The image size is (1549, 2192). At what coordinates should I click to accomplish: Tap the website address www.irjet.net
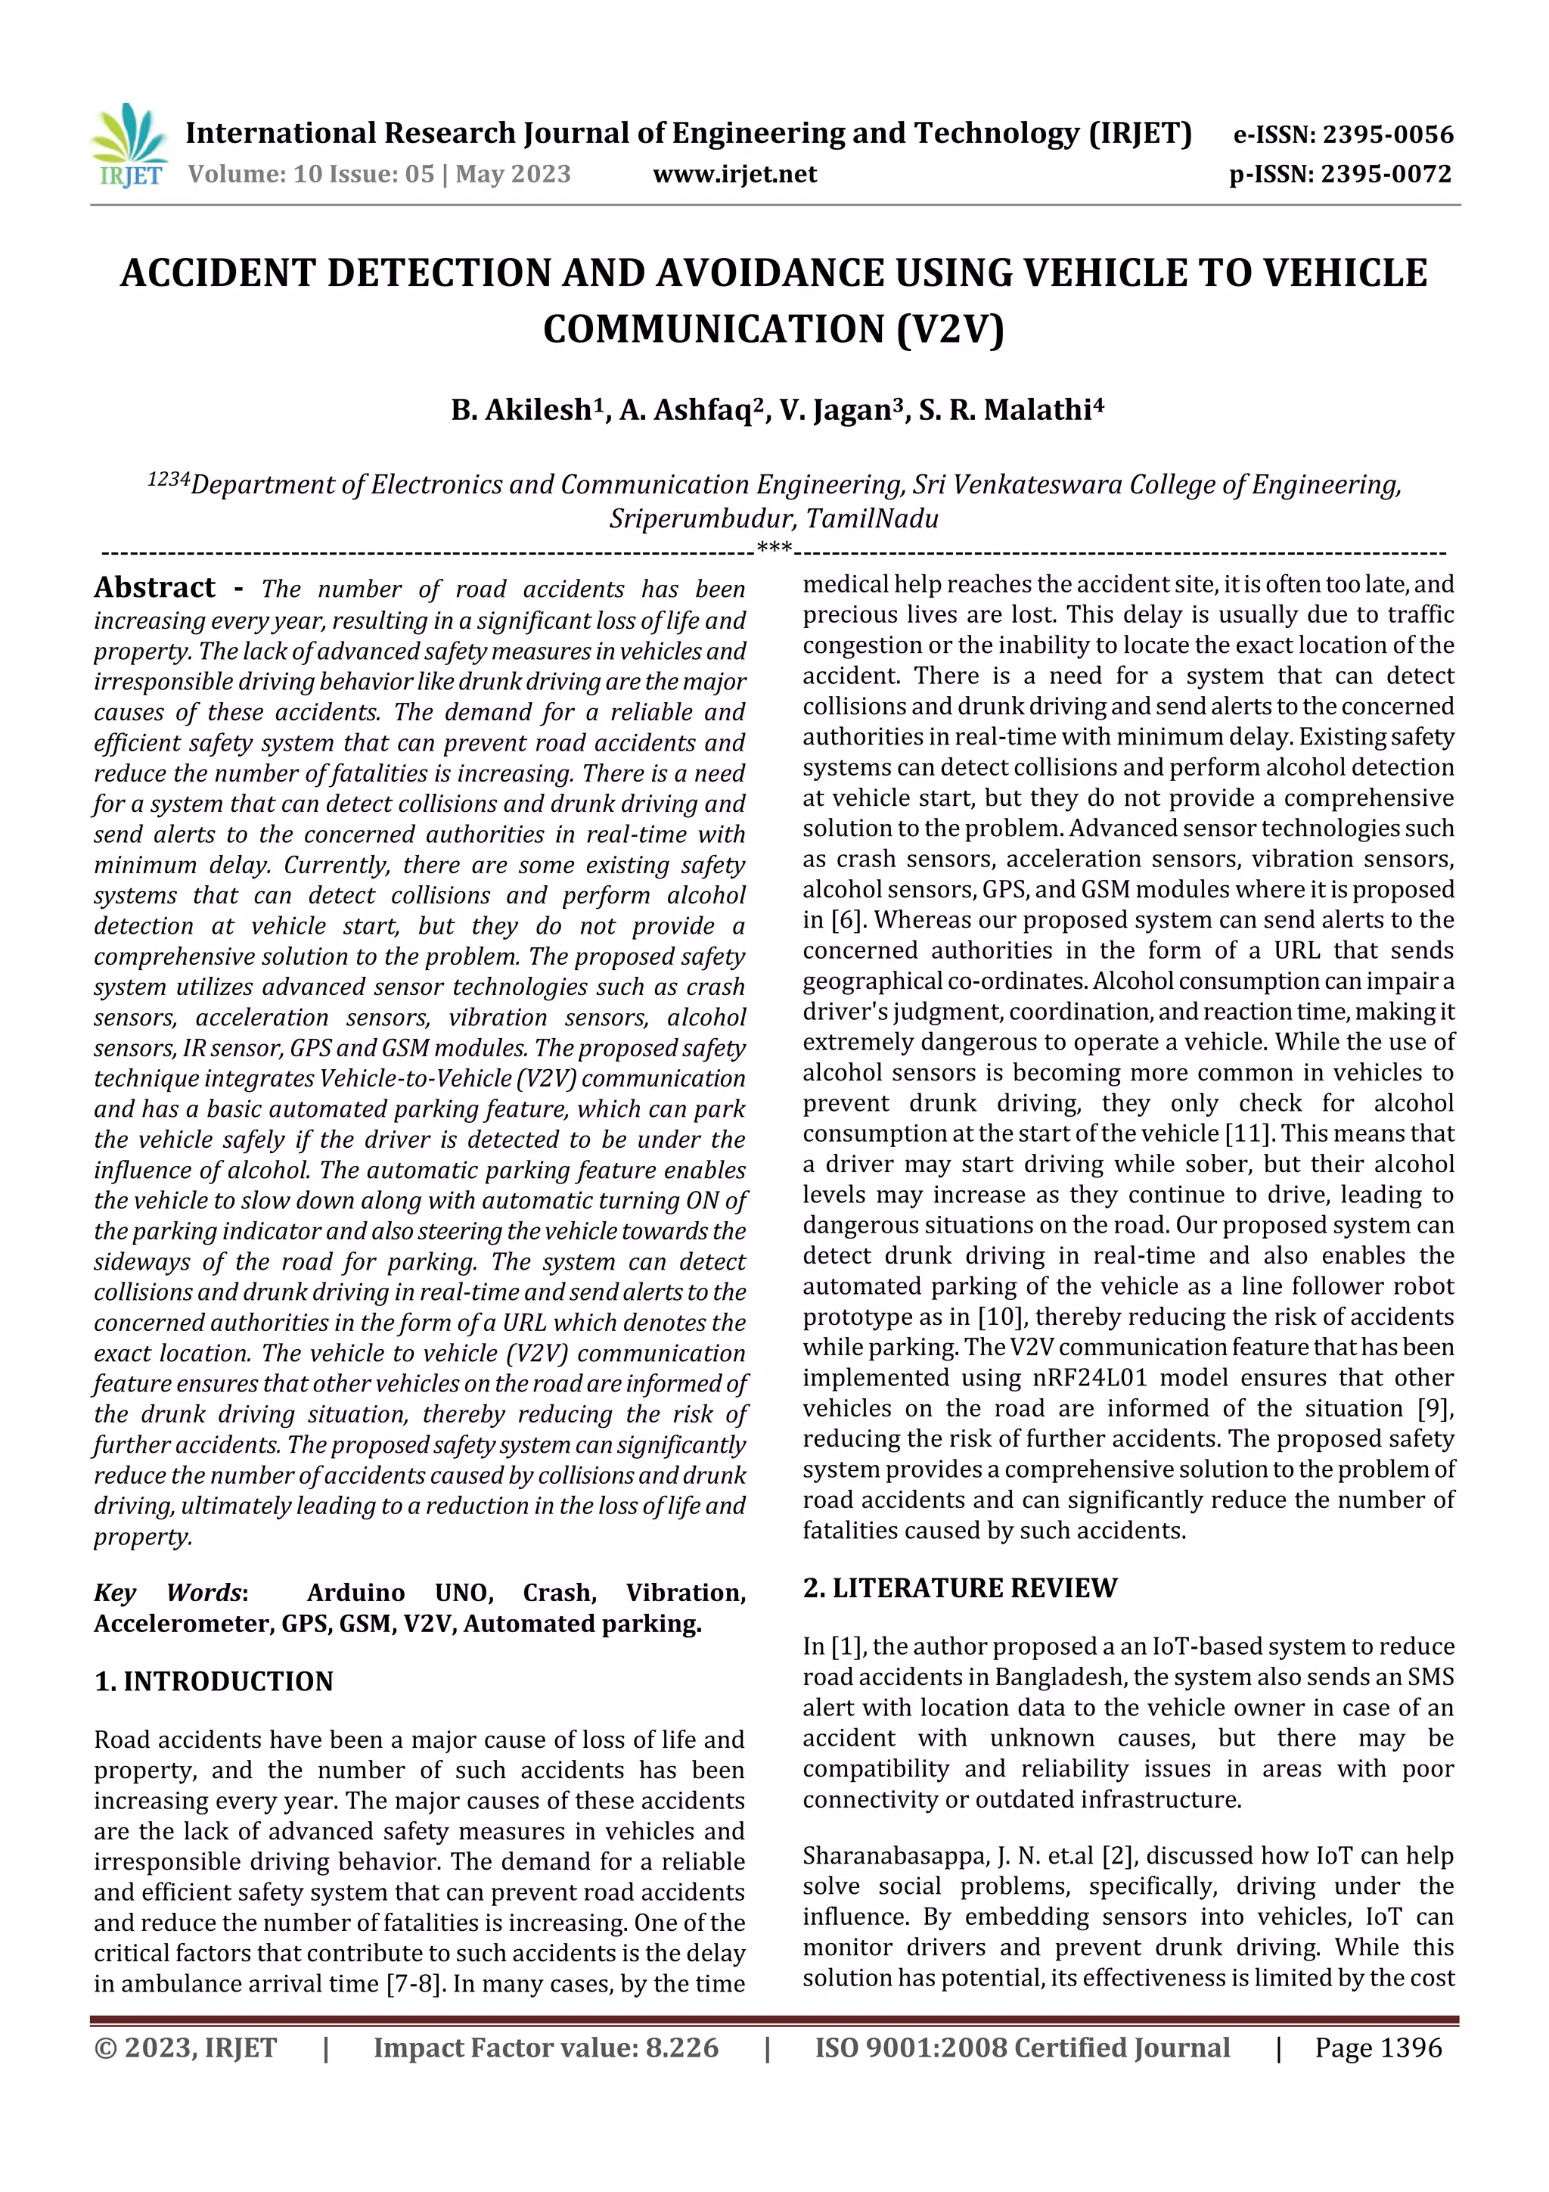click(735, 175)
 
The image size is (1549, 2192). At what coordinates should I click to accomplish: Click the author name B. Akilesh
click(521, 411)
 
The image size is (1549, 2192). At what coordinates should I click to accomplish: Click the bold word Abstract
click(154, 587)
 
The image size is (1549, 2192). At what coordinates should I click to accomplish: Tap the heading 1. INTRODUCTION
click(214, 1681)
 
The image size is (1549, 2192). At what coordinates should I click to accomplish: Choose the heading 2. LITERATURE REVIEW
click(959, 1587)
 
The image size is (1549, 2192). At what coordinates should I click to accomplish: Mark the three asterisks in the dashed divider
click(774, 549)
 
